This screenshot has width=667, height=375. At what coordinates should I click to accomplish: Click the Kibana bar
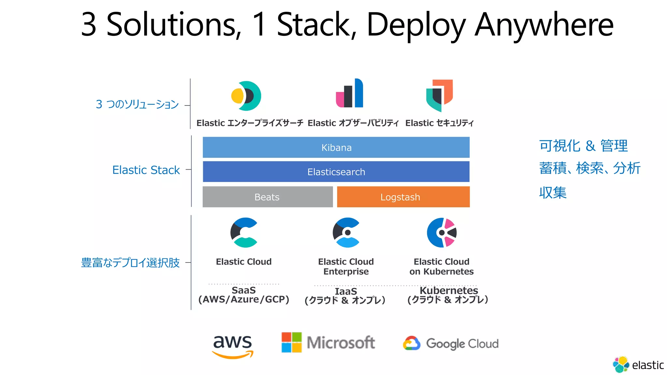point(336,147)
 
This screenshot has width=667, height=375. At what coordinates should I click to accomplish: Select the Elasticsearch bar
point(336,172)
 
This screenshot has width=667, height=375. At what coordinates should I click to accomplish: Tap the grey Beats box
point(267,197)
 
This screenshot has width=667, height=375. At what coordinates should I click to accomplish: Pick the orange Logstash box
point(403,197)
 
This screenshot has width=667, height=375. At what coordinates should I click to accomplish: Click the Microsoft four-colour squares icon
point(291,342)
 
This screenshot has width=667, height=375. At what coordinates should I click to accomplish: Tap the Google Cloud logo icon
point(412,343)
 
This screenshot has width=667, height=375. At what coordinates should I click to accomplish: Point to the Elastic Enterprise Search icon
point(246,96)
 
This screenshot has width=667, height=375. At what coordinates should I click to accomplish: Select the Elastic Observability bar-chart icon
point(349,93)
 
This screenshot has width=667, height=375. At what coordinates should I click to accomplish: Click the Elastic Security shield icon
point(439,95)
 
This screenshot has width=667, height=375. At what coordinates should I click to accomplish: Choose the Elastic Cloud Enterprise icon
point(346,233)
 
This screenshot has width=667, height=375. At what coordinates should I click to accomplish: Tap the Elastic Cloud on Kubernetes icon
point(442,233)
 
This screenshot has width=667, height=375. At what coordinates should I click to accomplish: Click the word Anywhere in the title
point(544,25)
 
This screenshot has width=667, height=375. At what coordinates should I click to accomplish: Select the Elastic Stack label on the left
point(146,170)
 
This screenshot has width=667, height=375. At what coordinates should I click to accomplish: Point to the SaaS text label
point(244,290)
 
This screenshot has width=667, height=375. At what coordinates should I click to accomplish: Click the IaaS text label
point(346,291)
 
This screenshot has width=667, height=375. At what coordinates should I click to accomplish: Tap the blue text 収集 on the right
point(553,193)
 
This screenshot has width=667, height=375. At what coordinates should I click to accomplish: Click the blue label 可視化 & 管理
point(583,146)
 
